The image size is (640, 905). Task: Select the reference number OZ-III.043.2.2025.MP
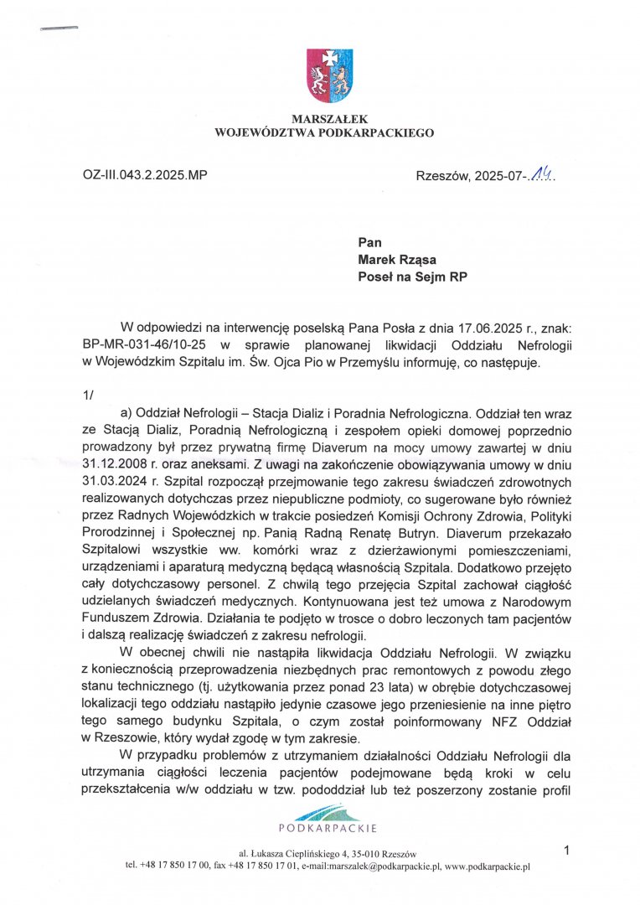click(x=145, y=175)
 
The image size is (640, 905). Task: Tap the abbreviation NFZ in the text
click(x=465, y=720)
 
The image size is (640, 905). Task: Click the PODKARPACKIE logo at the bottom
click(x=328, y=819)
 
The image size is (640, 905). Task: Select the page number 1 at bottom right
click(x=567, y=851)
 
